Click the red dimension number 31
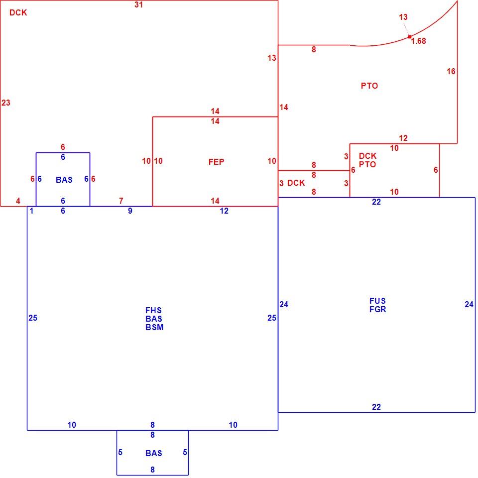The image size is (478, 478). (138, 4)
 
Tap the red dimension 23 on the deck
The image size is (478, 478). (6, 103)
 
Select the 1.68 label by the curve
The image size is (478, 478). (418, 41)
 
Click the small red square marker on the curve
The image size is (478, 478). (409, 37)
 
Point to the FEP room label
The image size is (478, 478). (216, 162)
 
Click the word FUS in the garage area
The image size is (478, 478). (377, 301)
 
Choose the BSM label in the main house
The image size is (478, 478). (154, 327)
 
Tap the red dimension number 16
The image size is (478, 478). (451, 71)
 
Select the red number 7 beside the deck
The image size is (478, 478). (121, 201)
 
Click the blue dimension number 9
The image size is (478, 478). (130, 211)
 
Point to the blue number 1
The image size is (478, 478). (31, 211)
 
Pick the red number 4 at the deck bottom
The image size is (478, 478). (18, 201)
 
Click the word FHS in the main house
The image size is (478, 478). (153, 310)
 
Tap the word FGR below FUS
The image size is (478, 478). (378, 309)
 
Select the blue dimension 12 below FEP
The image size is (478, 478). (224, 211)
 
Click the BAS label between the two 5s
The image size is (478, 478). (154, 453)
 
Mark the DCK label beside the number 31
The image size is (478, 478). (18, 12)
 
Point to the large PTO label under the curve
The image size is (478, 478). (369, 86)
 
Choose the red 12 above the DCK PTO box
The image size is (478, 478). (403, 138)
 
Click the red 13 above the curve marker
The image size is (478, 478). (403, 17)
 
